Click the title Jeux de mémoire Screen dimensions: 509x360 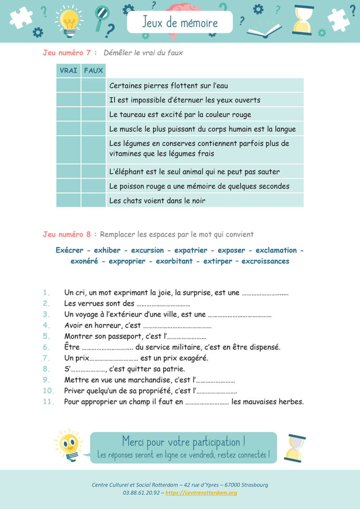(180, 22)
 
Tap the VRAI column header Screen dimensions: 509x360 (68, 71)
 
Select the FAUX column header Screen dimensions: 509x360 (93, 71)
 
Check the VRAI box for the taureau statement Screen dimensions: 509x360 (68, 114)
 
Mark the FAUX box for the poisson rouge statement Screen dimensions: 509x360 (93, 186)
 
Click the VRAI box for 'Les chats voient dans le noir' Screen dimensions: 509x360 (68, 201)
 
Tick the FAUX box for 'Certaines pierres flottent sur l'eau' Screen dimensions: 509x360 (93, 85)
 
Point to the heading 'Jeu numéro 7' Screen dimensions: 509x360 (67, 53)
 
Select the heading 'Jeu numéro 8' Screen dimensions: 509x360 (67, 234)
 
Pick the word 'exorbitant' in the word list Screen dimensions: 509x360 (174, 262)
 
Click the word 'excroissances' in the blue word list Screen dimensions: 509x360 (265, 262)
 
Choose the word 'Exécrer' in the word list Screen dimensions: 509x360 (69, 250)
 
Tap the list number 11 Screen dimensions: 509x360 (49, 402)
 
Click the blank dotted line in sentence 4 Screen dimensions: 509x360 (177, 326)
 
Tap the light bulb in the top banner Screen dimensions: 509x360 (69, 21)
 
